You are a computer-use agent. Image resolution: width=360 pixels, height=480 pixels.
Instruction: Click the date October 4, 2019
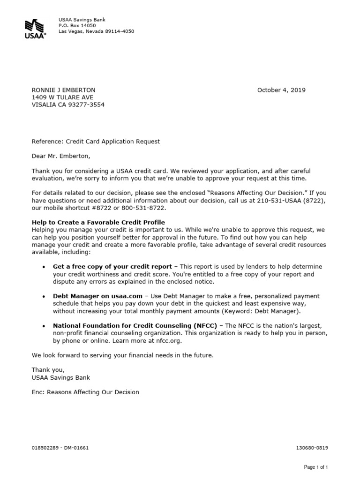[281, 90]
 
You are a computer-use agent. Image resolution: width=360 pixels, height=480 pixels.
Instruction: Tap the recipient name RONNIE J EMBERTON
[63, 90]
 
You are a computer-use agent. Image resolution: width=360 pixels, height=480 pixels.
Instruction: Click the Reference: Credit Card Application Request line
[96, 142]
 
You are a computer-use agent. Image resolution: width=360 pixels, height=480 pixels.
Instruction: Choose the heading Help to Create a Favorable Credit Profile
[98, 222]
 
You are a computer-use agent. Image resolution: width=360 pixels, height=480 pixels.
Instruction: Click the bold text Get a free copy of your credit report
[112, 267]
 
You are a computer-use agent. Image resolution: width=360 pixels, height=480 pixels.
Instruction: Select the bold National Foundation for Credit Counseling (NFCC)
[135, 326]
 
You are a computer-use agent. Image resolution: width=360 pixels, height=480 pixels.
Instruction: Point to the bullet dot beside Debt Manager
[44, 297]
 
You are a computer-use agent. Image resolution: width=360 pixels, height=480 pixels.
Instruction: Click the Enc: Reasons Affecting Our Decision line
[85, 392]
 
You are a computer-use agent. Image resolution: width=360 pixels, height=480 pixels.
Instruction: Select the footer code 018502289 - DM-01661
[60, 448]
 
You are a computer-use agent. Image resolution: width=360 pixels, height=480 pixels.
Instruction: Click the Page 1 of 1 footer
[315, 467]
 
